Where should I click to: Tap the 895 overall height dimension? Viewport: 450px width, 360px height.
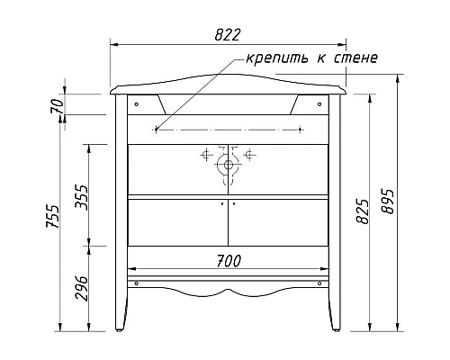[x=387, y=203]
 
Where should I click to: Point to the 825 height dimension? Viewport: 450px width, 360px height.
[x=362, y=212]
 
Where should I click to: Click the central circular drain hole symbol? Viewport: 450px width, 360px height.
[x=228, y=162]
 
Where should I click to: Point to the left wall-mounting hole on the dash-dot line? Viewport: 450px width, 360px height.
[x=157, y=129]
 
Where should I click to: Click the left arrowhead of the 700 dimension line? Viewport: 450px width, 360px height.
[x=131, y=269]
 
